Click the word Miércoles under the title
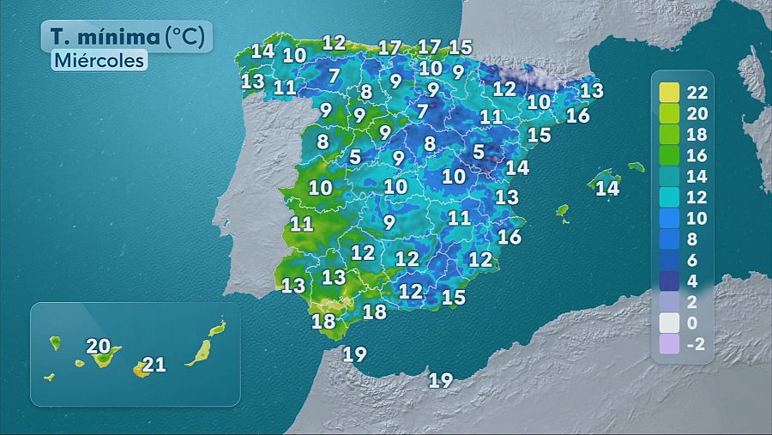pyautogui.click(x=99, y=61)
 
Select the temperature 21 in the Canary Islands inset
pyautogui.click(x=154, y=365)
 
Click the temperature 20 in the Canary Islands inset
pyautogui.click(x=99, y=347)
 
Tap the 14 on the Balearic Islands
pyautogui.click(x=607, y=188)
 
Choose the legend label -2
pyautogui.click(x=696, y=345)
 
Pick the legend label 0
pyautogui.click(x=692, y=323)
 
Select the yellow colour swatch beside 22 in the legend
pyautogui.click(x=669, y=92)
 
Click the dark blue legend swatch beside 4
pyautogui.click(x=669, y=281)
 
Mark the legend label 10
pyautogui.click(x=697, y=219)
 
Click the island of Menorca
pyautogui.click(x=636, y=166)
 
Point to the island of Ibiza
pyautogui.click(x=564, y=210)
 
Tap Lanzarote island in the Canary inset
pyautogui.click(x=218, y=328)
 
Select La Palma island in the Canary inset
pyautogui.click(x=55, y=342)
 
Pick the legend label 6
pyautogui.click(x=692, y=261)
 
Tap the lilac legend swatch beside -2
pyautogui.click(x=669, y=345)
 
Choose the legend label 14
pyautogui.click(x=697, y=177)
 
